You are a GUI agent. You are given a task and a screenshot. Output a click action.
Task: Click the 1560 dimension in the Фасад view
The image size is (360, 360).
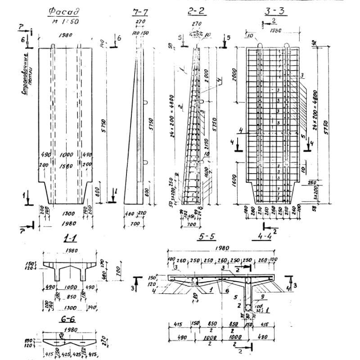point(66,165)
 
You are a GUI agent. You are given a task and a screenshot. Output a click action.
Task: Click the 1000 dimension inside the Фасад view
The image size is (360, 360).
point(66,154)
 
